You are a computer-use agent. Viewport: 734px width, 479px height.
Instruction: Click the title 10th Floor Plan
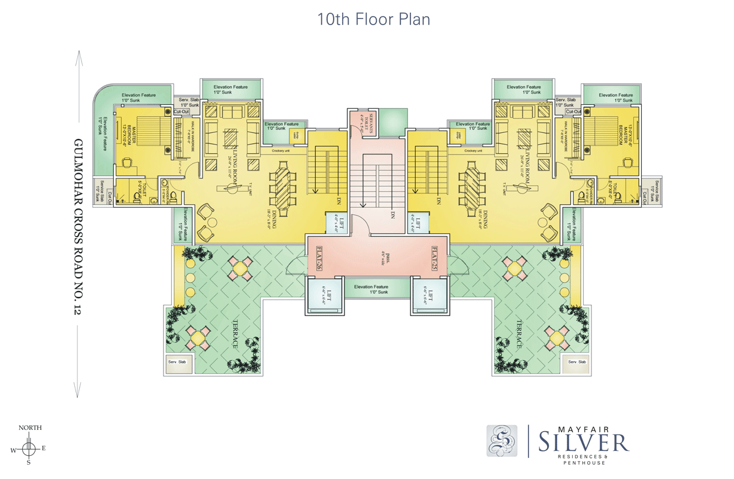[x=374, y=19]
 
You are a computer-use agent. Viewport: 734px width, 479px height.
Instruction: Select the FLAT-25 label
[x=435, y=258]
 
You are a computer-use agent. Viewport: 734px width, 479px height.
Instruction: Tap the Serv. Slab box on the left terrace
[x=178, y=362]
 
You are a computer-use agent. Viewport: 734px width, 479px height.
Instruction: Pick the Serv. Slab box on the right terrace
[x=577, y=362]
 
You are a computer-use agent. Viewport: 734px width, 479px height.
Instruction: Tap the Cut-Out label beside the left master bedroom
[x=182, y=112]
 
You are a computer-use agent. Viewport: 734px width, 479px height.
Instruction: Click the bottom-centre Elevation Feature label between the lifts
[x=371, y=289]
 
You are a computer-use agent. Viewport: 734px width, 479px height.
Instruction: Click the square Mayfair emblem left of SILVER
[x=502, y=441]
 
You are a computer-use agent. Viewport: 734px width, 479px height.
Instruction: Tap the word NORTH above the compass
[x=30, y=428]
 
